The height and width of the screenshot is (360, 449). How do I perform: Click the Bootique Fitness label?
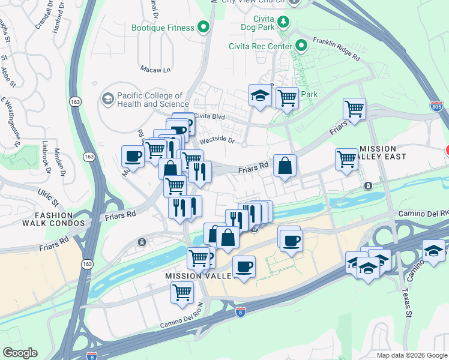click(163, 28)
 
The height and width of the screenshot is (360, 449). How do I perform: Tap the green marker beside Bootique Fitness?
click(204, 27)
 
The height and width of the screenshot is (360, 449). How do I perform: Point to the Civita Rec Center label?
click(261, 46)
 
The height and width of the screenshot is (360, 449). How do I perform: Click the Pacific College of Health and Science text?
click(149, 100)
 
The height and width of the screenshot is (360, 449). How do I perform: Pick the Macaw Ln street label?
click(155, 70)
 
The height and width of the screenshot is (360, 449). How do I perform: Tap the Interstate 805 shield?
click(437, 106)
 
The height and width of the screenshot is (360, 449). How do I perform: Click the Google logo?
click(20, 353)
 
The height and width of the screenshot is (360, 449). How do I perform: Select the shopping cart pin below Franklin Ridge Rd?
click(355, 109)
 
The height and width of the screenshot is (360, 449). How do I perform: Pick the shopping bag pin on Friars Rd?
click(285, 166)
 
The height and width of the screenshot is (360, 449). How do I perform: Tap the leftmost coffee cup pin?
click(133, 157)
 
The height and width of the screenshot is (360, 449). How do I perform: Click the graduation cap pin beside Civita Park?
click(260, 95)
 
